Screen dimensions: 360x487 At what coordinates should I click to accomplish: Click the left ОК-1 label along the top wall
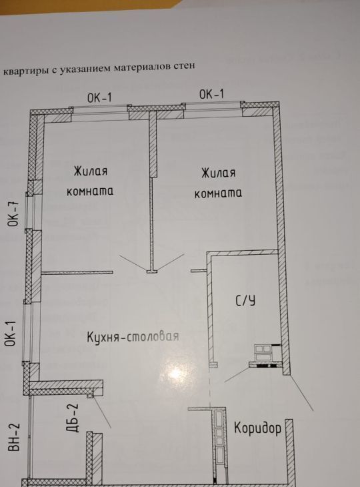coord(99,98)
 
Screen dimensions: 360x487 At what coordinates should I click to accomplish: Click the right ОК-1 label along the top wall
coord(211,94)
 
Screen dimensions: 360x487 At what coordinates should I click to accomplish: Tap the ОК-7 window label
coord(14,214)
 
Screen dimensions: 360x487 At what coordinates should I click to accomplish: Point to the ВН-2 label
coord(14,437)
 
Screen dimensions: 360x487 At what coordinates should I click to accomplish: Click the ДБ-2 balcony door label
coord(73,418)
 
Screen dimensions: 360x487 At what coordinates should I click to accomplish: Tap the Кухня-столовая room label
coord(133,336)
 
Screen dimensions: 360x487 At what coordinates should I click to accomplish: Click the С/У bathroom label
coord(245,300)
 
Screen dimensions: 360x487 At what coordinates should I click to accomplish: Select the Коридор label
coord(257,428)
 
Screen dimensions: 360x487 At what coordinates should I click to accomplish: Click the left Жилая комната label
coord(90,181)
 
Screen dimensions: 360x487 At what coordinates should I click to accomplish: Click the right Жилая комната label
coord(218,183)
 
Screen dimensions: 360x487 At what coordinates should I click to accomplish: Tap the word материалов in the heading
coord(144,67)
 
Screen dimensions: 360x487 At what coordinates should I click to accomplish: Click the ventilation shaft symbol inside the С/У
coord(263,349)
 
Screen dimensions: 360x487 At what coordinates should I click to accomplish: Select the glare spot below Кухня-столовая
coord(175,374)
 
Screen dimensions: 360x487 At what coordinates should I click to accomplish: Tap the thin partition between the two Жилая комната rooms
coord(151,223)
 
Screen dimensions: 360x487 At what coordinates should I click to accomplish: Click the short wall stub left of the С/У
coord(199,271)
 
